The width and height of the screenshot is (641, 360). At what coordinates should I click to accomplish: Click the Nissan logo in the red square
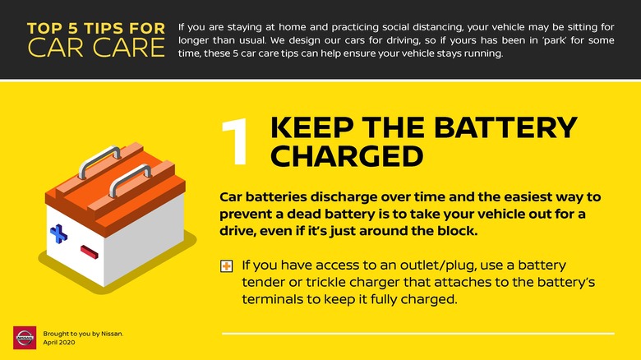click(x=25, y=338)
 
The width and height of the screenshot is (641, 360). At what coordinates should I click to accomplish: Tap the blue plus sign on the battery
click(x=58, y=233)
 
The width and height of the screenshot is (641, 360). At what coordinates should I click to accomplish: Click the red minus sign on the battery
click(x=89, y=252)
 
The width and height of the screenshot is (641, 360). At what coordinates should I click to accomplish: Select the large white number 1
click(x=237, y=141)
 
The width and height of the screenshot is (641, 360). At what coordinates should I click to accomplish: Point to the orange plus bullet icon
click(x=227, y=266)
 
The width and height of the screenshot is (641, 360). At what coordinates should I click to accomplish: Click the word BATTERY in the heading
click(x=505, y=127)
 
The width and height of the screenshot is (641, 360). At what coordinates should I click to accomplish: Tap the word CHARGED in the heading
click(x=347, y=156)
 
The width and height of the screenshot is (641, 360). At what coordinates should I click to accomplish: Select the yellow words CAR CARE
click(x=96, y=48)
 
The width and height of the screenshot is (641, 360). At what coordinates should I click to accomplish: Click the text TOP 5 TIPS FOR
click(x=96, y=28)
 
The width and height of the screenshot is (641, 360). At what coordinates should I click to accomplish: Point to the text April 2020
click(x=59, y=343)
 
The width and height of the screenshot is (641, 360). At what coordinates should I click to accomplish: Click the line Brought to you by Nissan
click(x=83, y=334)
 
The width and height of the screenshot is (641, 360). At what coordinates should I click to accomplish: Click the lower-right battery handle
click(x=131, y=179)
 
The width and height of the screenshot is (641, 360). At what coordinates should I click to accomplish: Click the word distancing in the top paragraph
click(x=438, y=27)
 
